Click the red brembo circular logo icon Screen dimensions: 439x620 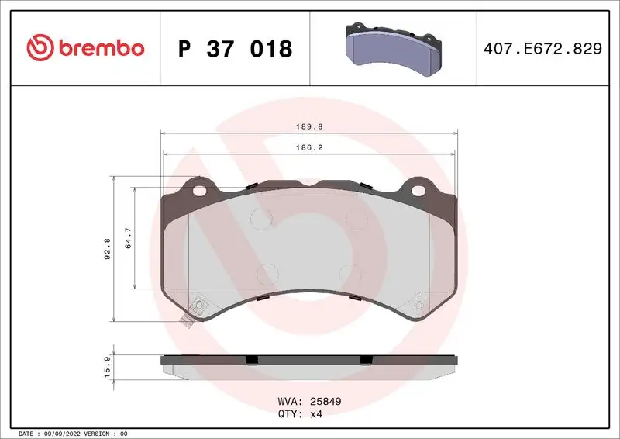click(x=40, y=48)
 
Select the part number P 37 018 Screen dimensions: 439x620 click(x=235, y=49)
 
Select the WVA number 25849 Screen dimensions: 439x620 click(x=325, y=403)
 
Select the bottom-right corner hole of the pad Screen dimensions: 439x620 click(x=418, y=306)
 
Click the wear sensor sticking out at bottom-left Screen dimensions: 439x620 click(x=185, y=321)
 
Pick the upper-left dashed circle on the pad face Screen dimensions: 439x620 click(x=259, y=219)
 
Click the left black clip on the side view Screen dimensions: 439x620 click(x=250, y=360)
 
